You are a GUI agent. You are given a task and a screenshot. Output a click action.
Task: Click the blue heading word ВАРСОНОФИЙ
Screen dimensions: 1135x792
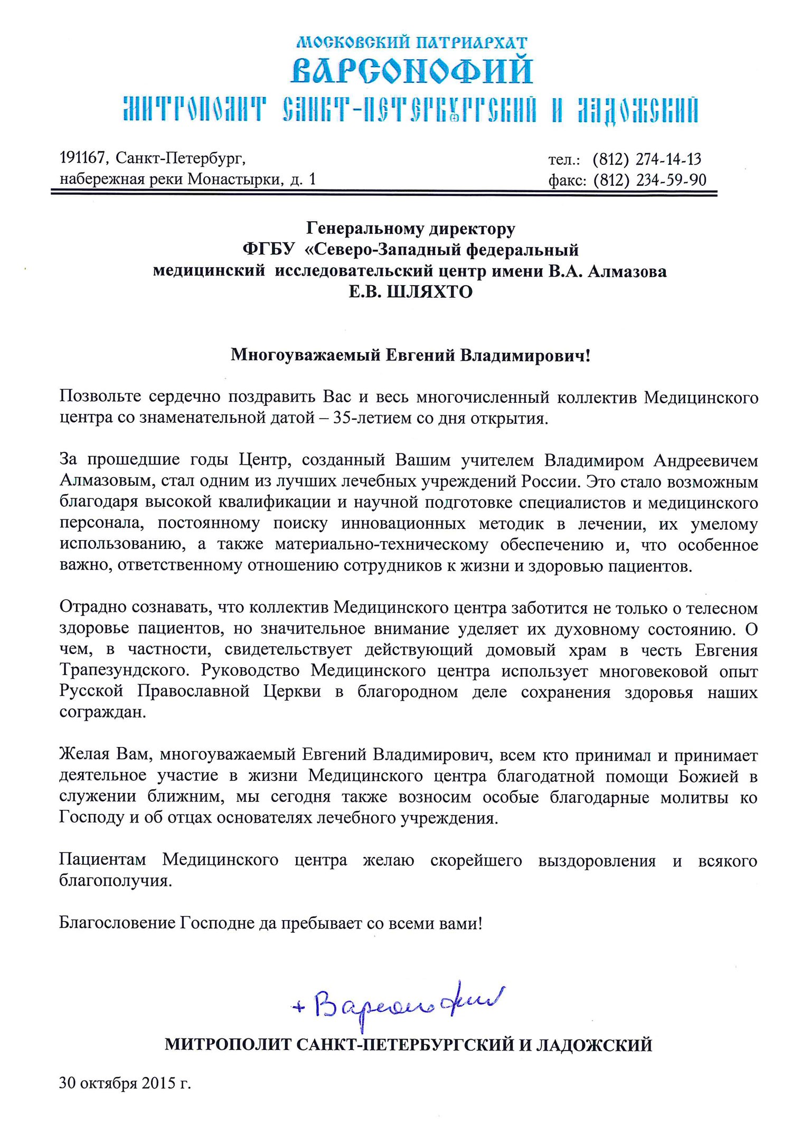tap(411, 71)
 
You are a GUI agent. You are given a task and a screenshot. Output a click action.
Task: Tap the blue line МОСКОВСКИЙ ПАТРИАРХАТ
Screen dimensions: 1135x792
tap(411, 42)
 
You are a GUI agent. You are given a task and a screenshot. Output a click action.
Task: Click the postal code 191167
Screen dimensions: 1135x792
tap(84, 157)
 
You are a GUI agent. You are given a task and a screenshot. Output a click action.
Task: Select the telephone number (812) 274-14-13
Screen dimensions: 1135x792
tap(647, 159)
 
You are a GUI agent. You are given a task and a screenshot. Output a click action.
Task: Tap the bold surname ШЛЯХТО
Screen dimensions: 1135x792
tap(430, 292)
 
